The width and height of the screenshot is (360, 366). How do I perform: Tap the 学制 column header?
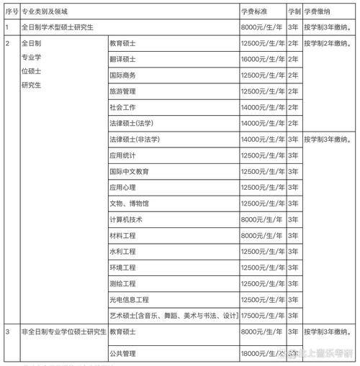294,12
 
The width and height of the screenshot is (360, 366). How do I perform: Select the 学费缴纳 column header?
317,12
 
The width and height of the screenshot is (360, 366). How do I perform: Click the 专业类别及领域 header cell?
47,12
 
